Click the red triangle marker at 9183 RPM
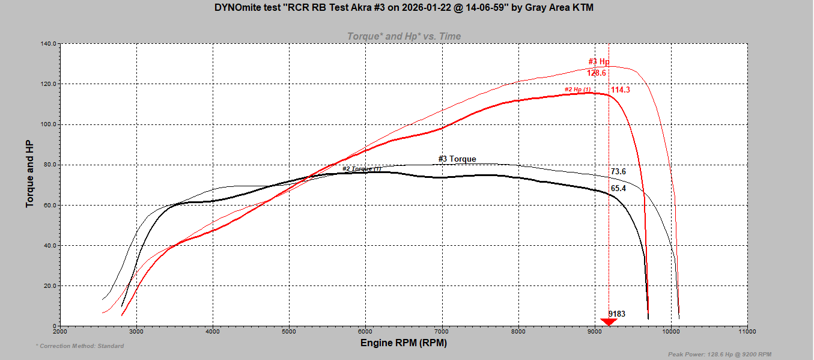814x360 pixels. (609, 322)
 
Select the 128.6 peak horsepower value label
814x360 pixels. (597, 73)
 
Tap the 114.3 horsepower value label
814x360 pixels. (621, 90)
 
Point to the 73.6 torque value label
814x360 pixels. (618, 171)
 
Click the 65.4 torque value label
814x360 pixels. (618, 188)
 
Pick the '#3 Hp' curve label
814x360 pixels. (598, 61)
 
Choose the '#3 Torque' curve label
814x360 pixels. (457, 159)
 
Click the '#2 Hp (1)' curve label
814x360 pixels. (577, 90)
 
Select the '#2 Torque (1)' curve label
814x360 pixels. (362, 169)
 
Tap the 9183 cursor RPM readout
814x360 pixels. (616, 314)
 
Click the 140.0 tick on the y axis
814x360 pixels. (48, 44)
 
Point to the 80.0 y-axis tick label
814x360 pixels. (49, 165)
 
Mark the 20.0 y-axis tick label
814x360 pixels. (49, 285)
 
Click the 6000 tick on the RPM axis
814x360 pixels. (365, 331)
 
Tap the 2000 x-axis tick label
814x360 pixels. (60, 331)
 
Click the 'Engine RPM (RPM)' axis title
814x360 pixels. (404, 343)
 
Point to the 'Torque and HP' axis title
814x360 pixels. (29, 174)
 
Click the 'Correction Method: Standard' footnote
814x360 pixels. (80, 346)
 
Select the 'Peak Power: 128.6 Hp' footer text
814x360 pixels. (720, 354)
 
